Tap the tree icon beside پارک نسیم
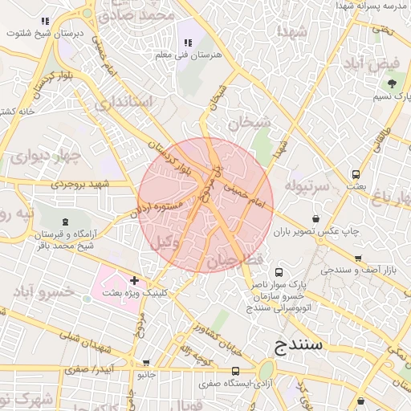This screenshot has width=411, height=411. (392, 83)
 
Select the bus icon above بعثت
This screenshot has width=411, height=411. (356, 174)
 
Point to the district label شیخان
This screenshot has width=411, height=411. (245, 123)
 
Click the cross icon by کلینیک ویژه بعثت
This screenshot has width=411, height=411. (134, 281)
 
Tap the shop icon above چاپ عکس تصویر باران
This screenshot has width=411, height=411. (315, 218)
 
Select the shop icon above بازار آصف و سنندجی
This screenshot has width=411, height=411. (358, 258)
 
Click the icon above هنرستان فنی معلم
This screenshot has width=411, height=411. (188, 43)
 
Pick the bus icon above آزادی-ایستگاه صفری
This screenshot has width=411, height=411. (235, 372)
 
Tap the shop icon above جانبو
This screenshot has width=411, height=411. (145, 362)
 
